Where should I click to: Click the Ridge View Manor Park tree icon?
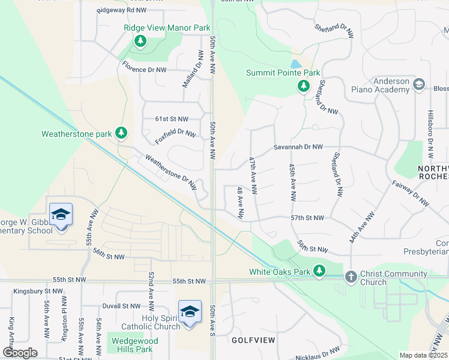[140, 41]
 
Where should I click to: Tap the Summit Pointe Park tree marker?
[304, 86]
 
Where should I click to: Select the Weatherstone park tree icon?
[122, 133]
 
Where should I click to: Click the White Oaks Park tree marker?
[320, 271]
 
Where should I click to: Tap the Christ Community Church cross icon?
[351, 277]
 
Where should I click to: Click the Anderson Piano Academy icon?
[419, 86]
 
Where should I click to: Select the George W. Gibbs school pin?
[61, 215]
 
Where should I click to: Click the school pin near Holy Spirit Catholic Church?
[190, 313]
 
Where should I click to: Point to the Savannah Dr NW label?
[298, 147]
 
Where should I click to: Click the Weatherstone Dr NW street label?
[171, 173]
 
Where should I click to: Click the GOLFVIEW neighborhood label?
[254, 340]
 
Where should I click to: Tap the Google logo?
[20, 352]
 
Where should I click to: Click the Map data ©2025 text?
[423, 355]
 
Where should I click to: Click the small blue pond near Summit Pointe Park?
[295, 64]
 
